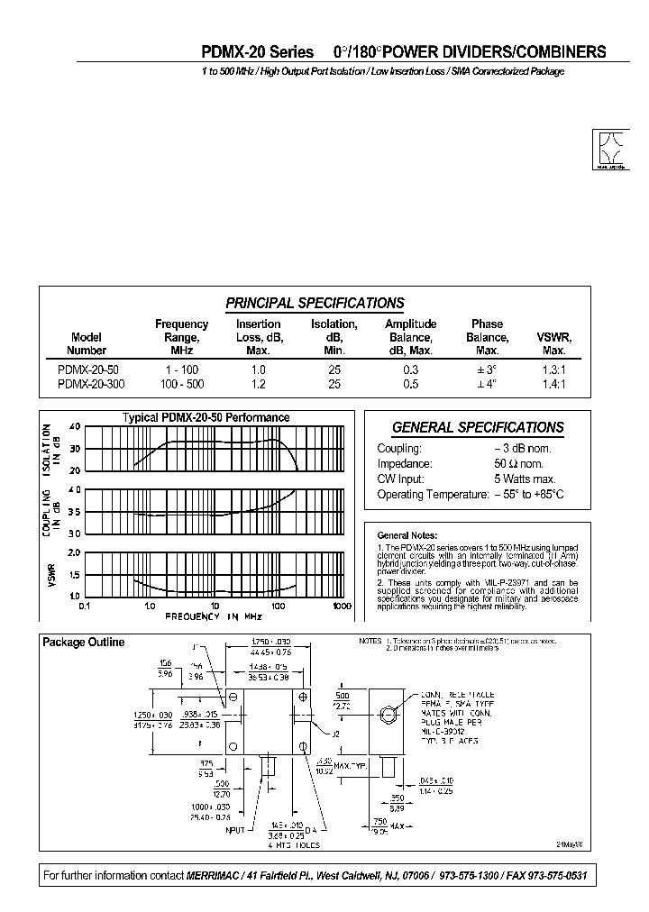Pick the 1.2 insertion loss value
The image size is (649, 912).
point(258,384)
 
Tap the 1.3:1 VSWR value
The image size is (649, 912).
point(554,370)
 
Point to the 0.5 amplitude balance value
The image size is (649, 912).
point(410,384)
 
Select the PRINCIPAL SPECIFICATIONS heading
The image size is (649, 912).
point(315,304)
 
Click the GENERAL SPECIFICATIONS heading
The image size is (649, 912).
point(478,428)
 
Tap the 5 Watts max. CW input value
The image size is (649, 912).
point(525,479)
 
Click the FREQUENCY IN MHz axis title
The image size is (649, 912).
point(214,616)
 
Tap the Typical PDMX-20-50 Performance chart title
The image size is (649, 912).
point(206,417)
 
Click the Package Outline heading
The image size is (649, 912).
point(84,643)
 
